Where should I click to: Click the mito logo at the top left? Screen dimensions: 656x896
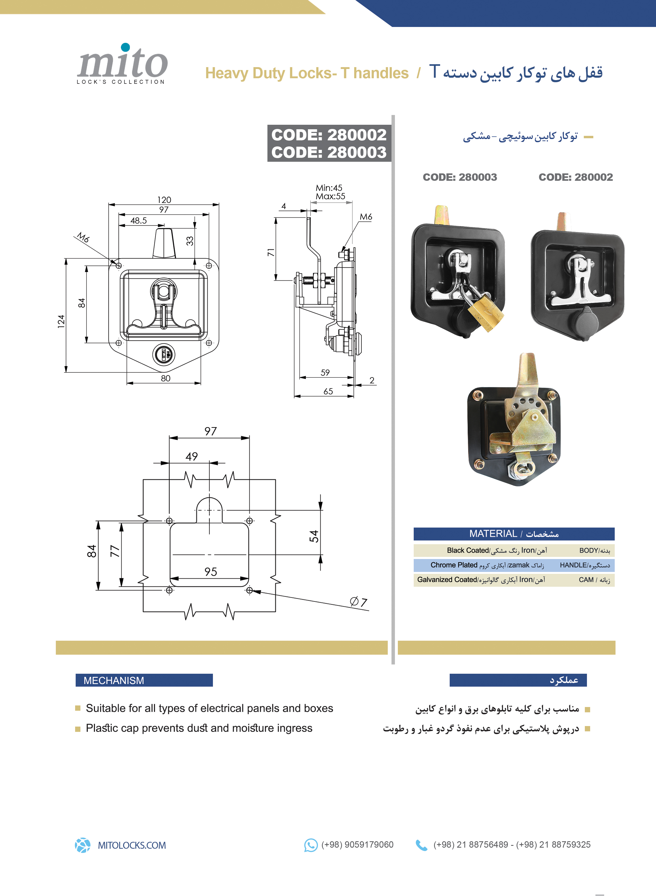click(122, 63)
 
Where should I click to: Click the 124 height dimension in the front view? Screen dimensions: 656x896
click(61, 321)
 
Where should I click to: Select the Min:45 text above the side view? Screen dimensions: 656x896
click(329, 188)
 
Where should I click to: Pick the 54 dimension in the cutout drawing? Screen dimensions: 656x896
click(314, 536)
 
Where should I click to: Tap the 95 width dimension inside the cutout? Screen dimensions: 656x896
click(211, 571)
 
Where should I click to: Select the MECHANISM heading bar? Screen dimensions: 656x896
click(144, 680)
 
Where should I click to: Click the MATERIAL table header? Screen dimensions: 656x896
click(514, 534)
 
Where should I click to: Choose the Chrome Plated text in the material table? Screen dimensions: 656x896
click(454, 565)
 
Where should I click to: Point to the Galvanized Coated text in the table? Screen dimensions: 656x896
click(447, 579)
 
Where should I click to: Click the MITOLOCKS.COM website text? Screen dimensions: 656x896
click(132, 845)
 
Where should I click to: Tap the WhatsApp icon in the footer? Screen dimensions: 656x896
click(311, 845)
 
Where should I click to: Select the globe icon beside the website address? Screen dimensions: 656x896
click(83, 845)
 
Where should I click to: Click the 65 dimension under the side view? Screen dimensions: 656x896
click(328, 391)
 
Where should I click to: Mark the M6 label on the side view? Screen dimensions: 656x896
click(366, 217)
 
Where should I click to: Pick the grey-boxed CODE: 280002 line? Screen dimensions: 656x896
click(329, 135)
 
